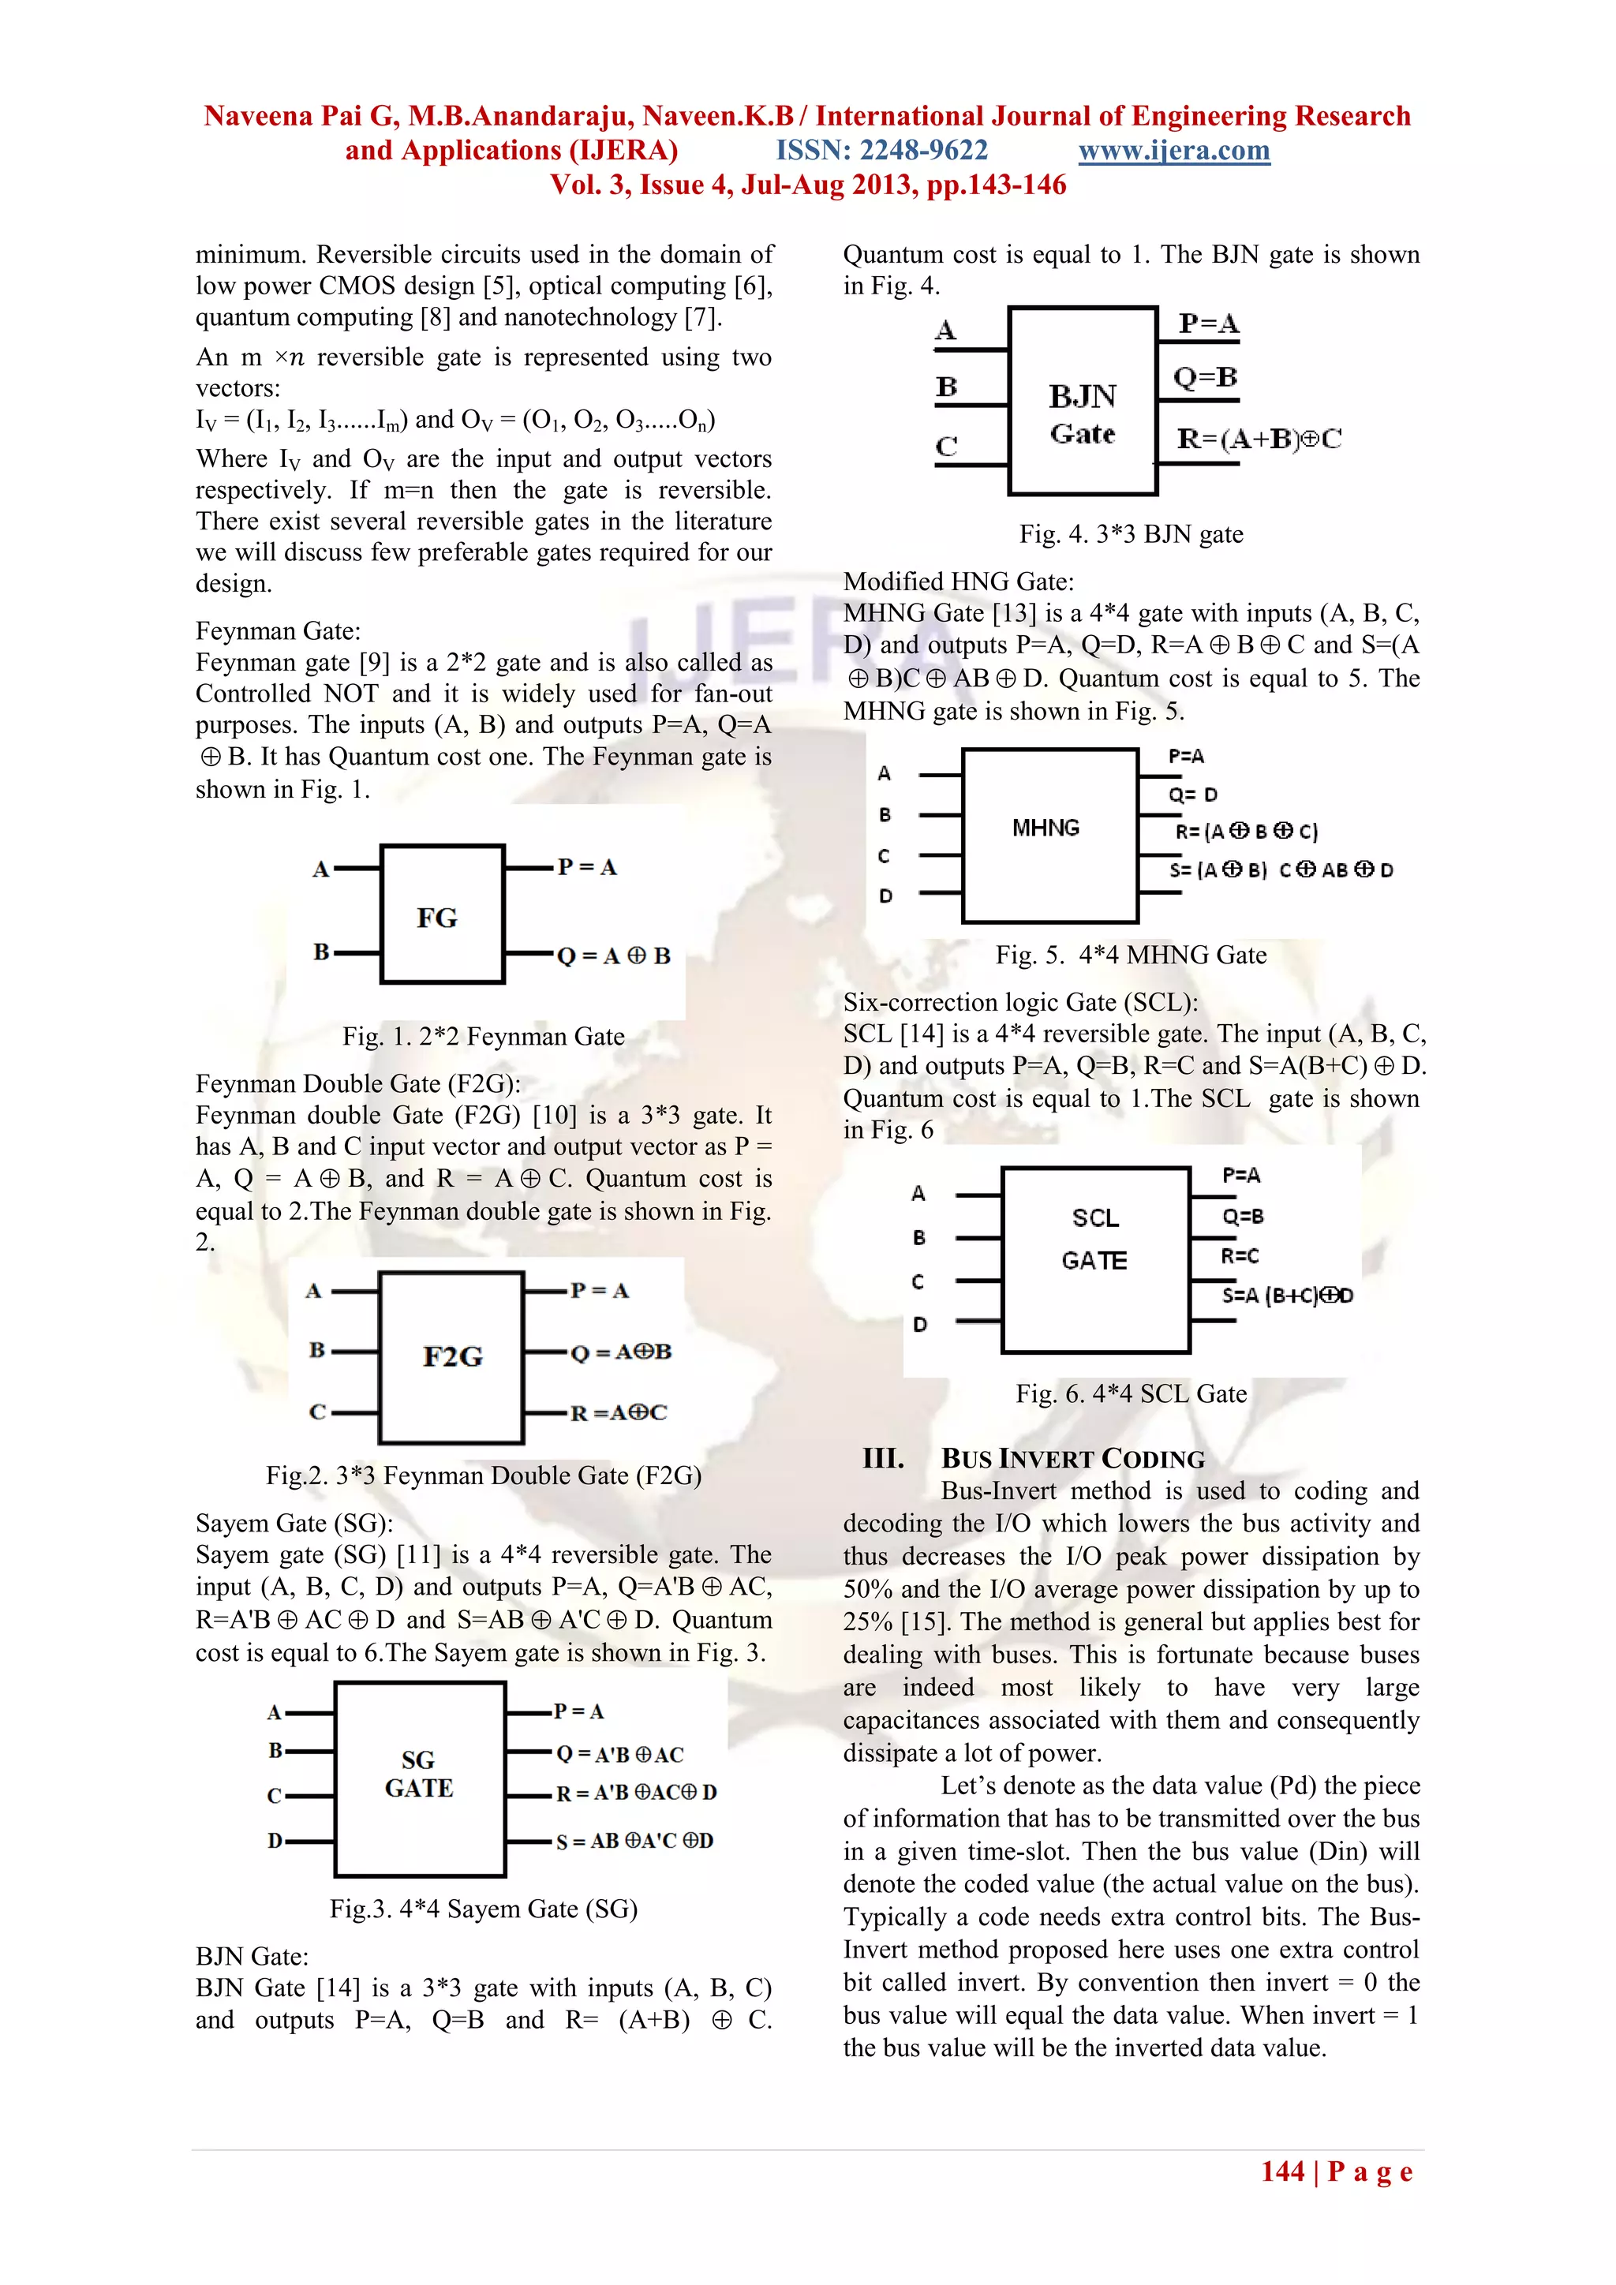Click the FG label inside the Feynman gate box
point(437,918)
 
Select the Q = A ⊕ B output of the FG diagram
point(613,956)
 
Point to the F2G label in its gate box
point(453,1356)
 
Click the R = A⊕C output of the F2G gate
point(618,1413)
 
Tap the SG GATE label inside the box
point(419,1775)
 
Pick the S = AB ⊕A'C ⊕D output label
point(634,1841)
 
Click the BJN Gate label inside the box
point(1083,414)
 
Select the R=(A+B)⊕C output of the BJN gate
point(1259,439)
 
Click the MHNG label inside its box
point(1046,828)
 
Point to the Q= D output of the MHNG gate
point(1192,795)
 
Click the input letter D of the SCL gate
point(919,1325)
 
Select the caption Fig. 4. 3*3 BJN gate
point(1131,534)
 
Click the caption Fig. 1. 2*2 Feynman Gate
point(484,1037)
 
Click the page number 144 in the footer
point(1283,2171)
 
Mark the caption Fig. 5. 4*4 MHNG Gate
point(1131,956)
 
